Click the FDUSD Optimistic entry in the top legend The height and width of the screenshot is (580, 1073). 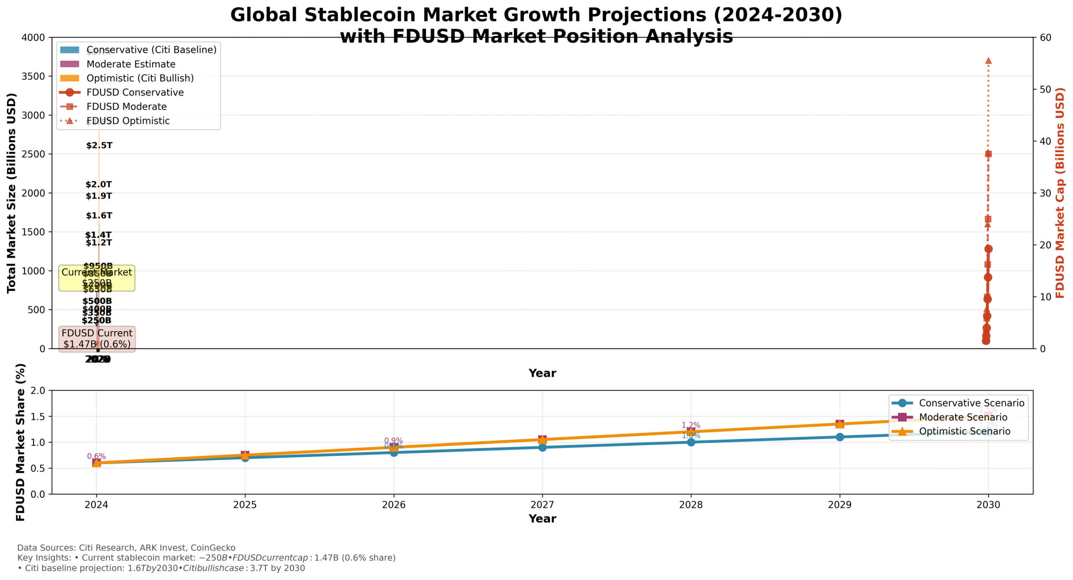(x=128, y=121)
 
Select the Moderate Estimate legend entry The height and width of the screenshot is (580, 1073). (x=131, y=64)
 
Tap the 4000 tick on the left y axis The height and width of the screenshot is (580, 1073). (x=33, y=38)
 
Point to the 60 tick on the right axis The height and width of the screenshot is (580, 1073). (x=1045, y=38)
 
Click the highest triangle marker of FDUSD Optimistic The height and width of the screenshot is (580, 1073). (x=988, y=61)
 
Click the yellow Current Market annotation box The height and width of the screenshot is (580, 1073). (x=96, y=278)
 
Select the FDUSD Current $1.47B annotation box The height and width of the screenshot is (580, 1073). (x=97, y=338)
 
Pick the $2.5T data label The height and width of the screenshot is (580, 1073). (x=99, y=146)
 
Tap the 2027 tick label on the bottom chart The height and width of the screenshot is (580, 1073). (x=542, y=505)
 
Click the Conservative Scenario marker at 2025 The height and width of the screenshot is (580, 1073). (x=245, y=457)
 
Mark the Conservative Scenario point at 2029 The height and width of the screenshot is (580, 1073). (x=840, y=437)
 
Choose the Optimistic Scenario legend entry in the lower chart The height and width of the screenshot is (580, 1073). (x=964, y=431)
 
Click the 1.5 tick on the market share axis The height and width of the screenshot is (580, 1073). (x=38, y=416)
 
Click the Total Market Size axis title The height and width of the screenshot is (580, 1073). (x=11, y=193)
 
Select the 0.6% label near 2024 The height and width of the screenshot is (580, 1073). (x=96, y=456)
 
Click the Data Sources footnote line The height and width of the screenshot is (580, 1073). (x=126, y=548)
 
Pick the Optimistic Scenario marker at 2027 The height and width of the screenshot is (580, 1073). (x=542, y=440)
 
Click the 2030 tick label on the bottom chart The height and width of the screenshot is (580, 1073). (x=988, y=505)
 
